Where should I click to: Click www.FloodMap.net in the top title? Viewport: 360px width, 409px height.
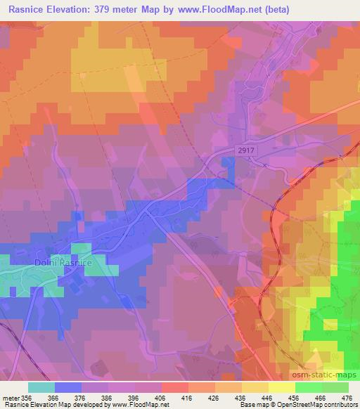point(217,10)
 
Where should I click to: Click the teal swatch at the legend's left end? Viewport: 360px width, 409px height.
point(41,387)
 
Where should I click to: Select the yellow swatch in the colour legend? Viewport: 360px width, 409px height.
point(281,387)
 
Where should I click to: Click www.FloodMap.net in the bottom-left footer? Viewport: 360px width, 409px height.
point(143,405)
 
